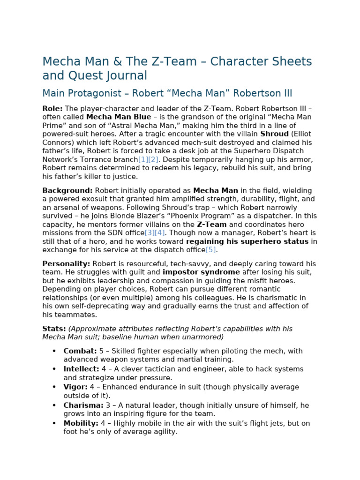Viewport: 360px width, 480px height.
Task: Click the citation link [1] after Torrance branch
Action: click(143, 159)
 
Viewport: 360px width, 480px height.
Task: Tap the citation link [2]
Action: click(153, 159)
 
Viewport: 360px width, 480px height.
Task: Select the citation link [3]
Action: click(150, 232)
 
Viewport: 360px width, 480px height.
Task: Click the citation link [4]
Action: click(160, 232)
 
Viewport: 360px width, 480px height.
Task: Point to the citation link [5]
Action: click(211, 249)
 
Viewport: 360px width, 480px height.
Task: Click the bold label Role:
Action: click(52, 108)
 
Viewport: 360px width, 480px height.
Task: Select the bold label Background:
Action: click(67, 190)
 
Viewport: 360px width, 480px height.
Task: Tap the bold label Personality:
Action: click(66, 264)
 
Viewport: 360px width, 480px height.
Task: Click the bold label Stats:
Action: click(54, 329)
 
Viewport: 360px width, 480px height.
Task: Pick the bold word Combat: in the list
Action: click(80, 351)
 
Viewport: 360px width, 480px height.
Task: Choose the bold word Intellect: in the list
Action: click(82, 369)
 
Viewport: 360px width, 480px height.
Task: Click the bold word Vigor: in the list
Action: click(76, 387)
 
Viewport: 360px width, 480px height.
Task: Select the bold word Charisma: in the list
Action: click(83, 405)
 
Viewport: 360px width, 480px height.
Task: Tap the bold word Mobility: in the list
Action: click(81, 423)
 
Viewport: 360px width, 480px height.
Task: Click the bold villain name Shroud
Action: click(274, 134)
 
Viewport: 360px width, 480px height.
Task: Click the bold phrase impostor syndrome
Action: click(201, 272)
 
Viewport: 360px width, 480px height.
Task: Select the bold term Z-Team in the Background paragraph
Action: click(211, 224)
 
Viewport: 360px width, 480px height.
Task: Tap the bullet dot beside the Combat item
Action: click(54, 351)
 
